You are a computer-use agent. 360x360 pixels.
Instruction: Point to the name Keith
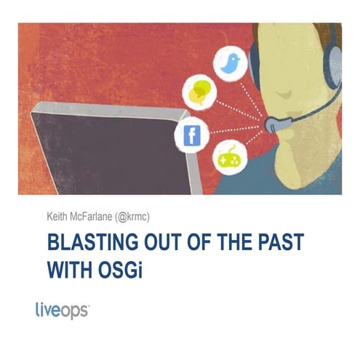click(57, 215)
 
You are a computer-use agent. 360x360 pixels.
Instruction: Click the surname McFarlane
click(97, 215)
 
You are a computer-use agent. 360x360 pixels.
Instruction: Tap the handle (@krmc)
click(147, 215)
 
